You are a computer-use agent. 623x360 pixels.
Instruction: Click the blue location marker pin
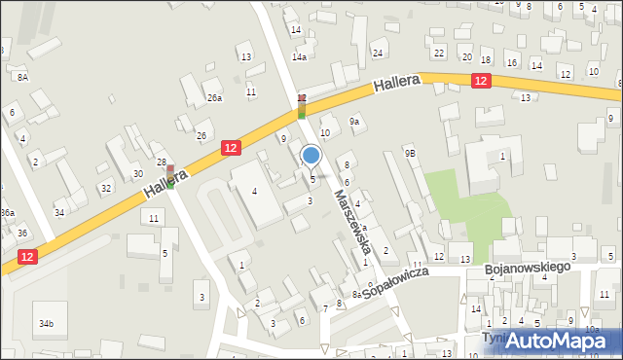(311, 156)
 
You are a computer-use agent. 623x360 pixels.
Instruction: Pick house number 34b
(46, 323)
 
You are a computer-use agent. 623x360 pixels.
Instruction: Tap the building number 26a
(214, 97)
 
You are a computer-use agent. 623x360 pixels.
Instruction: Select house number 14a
(300, 57)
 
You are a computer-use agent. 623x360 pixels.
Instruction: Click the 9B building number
(411, 153)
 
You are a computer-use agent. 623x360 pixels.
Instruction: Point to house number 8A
(21, 76)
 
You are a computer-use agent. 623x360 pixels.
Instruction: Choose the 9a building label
(355, 122)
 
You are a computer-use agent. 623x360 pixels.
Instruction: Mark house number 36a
(7, 213)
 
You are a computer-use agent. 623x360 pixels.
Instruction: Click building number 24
(378, 53)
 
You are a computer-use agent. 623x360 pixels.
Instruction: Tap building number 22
(439, 53)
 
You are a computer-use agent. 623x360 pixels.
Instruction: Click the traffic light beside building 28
(170, 176)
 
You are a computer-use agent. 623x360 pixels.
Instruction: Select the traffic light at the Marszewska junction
(302, 106)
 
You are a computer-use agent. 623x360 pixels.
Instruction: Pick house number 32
(105, 187)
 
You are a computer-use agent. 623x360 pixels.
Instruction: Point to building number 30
(137, 173)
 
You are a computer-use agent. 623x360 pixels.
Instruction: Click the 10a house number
(592, 329)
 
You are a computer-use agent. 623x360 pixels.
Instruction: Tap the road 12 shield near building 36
(26, 256)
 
